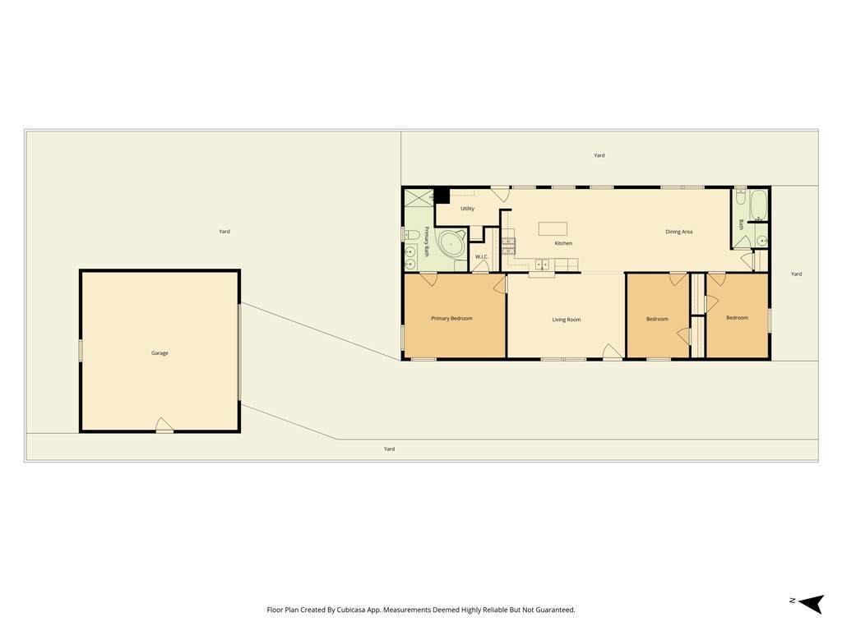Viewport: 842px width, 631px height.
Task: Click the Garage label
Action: click(160, 353)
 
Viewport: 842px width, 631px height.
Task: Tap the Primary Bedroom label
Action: click(451, 318)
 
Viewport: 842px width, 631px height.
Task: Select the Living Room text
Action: click(567, 320)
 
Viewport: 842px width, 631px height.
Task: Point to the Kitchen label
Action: click(563, 243)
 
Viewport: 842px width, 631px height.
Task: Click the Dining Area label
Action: click(678, 232)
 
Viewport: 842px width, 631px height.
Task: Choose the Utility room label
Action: click(467, 209)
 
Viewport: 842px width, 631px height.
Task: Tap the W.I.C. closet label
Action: click(481, 257)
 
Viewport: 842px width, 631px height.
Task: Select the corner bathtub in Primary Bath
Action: click(452, 245)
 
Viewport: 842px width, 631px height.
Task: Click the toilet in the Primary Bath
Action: click(412, 234)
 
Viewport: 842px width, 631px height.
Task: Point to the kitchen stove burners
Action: click(508, 246)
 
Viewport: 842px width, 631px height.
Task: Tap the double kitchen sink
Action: click(542, 264)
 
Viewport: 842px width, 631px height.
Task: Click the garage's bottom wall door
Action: click(164, 426)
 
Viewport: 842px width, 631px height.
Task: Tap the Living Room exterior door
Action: click(612, 352)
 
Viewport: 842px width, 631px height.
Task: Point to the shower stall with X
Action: click(419, 196)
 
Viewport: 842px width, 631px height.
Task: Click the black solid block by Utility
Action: click(442, 196)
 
